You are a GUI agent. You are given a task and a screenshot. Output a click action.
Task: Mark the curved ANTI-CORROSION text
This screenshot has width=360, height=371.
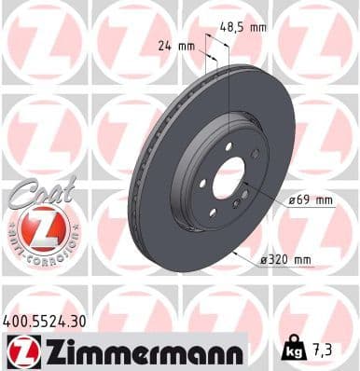42,254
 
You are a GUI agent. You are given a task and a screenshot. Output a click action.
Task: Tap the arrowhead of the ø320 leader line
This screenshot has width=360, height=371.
234,253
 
